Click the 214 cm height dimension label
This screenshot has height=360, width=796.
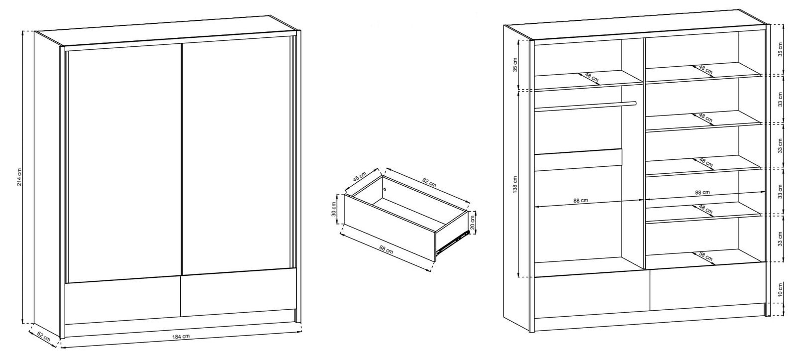coord(19,177)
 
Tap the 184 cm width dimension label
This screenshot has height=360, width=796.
coord(181,337)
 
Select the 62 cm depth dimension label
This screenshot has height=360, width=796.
coord(44,337)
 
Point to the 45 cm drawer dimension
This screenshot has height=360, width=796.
coord(360,177)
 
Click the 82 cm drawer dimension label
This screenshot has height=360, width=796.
coord(429,182)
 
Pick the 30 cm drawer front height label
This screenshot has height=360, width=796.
coord(333,209)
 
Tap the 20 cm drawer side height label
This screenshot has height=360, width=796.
coord(472,222)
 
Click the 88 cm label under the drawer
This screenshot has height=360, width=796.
coord(386,248)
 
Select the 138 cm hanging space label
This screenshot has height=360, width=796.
coord(515,185)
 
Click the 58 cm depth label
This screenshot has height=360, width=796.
coord(706,256)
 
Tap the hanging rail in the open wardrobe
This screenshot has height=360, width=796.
coord(585,106)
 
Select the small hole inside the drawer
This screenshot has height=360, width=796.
coord(385,189)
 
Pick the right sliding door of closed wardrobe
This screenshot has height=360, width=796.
coord(236,158)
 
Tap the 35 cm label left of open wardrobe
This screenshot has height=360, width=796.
coord(515,64)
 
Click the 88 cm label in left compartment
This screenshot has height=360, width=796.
coord(581,200)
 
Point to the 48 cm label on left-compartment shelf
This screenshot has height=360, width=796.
coord(592,78)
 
